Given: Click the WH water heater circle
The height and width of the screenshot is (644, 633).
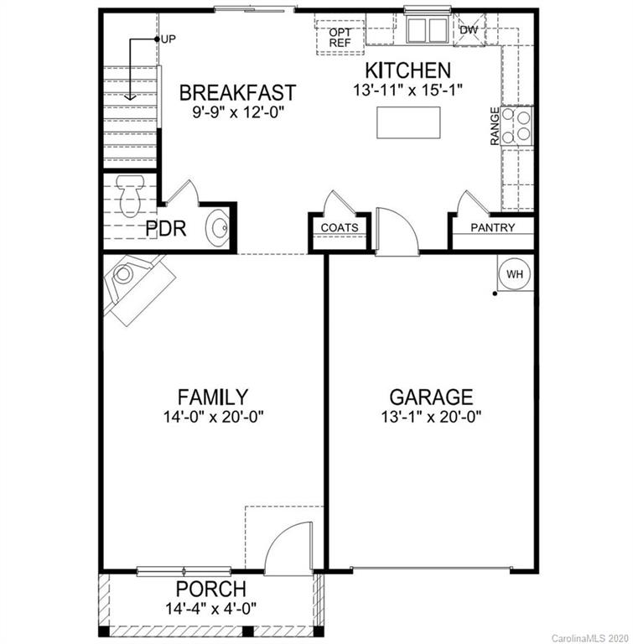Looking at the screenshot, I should click(513, 273).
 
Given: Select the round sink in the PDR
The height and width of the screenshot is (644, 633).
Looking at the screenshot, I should click(217, 227).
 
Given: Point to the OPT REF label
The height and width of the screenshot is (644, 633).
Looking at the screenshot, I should click(340, 38).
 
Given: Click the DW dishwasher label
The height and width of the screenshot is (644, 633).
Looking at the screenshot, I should click(471, 30).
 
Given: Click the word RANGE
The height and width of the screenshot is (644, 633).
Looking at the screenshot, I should click(496, 126).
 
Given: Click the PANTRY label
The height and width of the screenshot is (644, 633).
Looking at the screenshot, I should click(492, 227).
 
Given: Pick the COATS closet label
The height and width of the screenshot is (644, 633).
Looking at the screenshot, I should click(340, 227).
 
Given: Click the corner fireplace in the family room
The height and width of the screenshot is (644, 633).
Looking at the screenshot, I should click(135, 283).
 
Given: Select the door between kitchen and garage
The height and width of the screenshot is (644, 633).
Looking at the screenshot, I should click(397, 230).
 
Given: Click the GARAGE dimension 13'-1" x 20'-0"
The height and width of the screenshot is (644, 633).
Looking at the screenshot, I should click(431, 416).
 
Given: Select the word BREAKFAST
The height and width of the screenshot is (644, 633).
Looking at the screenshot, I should click(237, 91).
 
